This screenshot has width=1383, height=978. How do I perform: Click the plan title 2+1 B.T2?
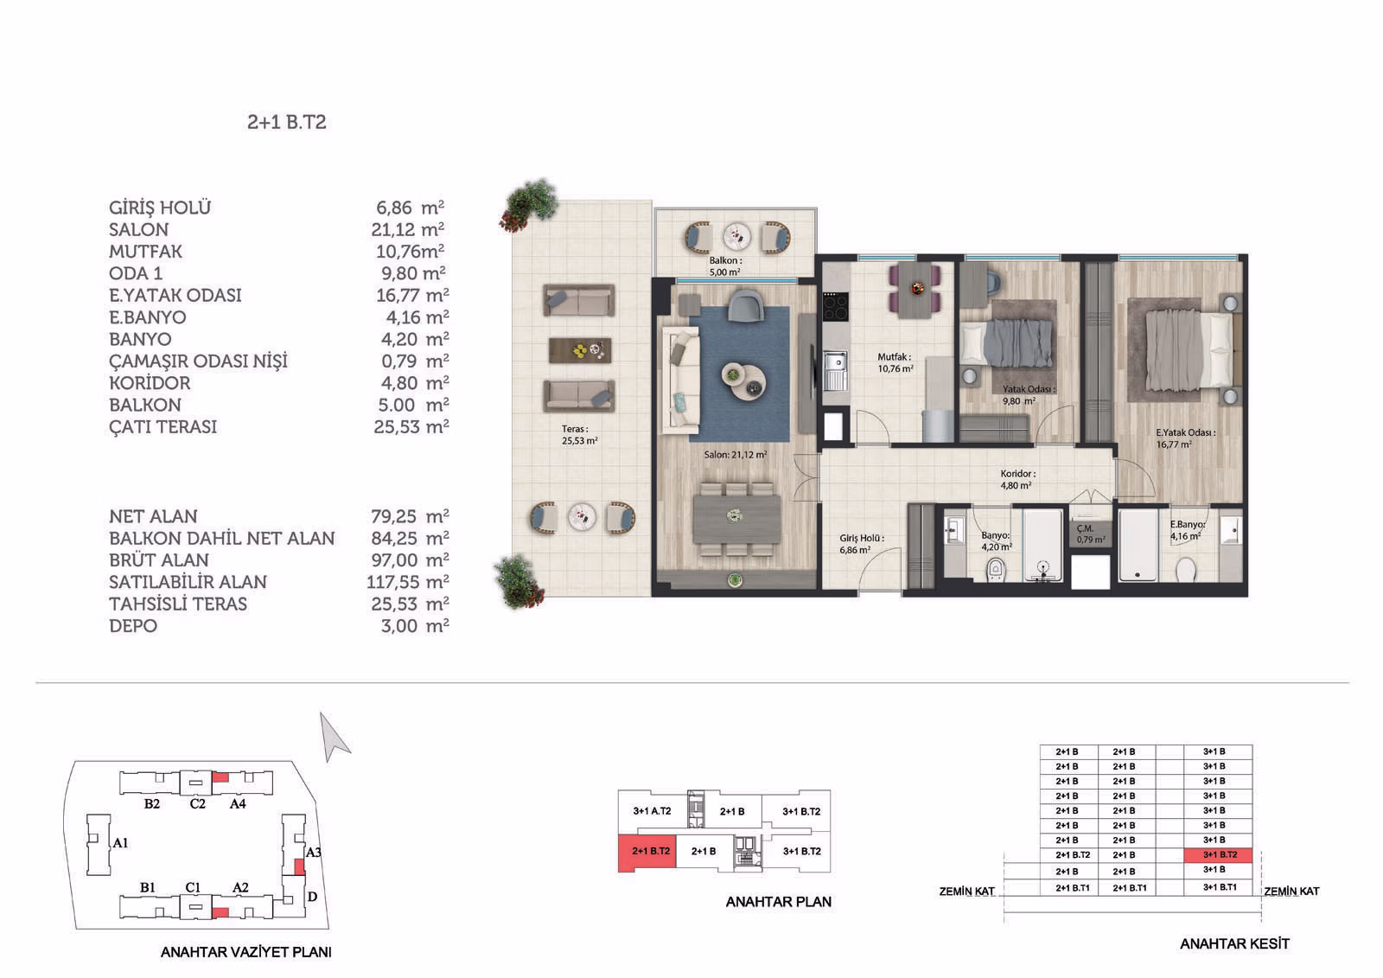click(286, 122)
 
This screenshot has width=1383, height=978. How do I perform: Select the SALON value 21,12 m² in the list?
click(407, 230)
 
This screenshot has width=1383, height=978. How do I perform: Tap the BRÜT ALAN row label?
click(159, 559)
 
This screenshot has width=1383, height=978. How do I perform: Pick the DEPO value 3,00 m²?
click(415, 626)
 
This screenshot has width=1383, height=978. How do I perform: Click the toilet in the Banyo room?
click(995, 569)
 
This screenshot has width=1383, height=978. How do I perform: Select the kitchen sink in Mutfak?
click(835, 369)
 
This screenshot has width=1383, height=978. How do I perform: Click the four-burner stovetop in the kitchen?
click(835, 306)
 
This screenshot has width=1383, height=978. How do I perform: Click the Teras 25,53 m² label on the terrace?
click(579, 434)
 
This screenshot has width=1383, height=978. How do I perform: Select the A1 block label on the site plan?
click(120, 843)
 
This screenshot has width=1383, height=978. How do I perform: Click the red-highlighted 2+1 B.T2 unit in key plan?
click(647, 853)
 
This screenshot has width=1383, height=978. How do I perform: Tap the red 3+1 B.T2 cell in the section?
click(1218, 855)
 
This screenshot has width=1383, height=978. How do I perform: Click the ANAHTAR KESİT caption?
click(1235, 943)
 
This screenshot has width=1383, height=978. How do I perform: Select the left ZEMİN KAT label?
click(967, 892)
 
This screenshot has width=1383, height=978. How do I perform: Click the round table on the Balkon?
click(736, 236)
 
